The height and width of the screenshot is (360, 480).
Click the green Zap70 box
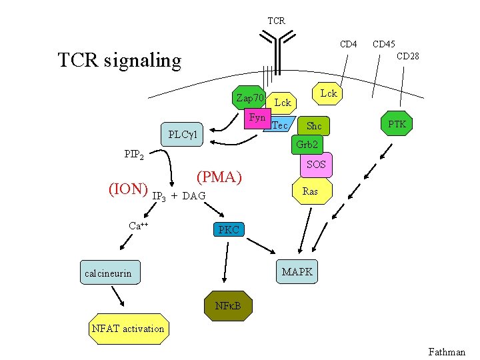[x=250, y=98]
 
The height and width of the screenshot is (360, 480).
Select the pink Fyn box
[x=257, y=118]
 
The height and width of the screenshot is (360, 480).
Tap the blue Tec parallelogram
[x=280, y=125]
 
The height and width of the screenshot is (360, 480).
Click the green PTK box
[x=401, y=125]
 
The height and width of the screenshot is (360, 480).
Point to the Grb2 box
[x=306, y=144]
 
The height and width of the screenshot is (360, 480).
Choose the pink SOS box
[x=315, y=164]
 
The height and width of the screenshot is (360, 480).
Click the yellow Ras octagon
[x=310, y=191]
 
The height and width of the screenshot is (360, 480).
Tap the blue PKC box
[x=229, y=230]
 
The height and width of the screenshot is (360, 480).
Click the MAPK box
[x=297, y=272]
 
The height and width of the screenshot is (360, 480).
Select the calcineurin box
[x=108, y=273]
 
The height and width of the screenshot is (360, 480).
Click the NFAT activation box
[x=127, y=329]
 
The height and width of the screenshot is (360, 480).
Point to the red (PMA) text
[x=219, y=177]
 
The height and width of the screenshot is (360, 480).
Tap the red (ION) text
[x=127, y=189]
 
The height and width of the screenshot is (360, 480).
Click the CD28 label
[x=407, y=57]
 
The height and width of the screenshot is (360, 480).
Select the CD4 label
[x=348, y=45]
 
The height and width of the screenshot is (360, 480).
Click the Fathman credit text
[x=446, y=351]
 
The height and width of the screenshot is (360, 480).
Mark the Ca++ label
[x=138, y=225]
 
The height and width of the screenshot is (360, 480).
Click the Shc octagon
[x=314, y=126]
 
